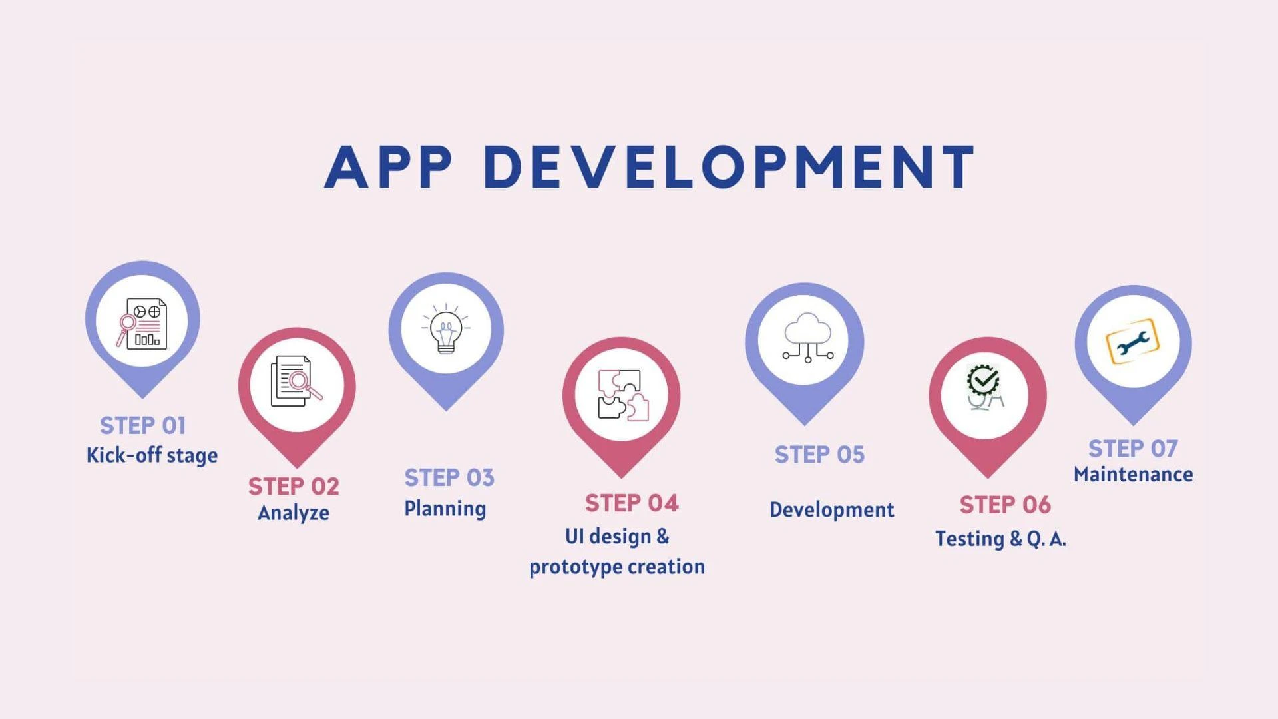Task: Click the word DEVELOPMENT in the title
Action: click(729, 167)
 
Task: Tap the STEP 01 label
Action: click(142, 425)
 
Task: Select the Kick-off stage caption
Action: click(152, 455)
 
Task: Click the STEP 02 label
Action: click(294, 487)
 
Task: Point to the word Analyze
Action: click(294, 513)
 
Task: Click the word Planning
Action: click(445, 509)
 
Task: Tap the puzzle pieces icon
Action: click(622, 395)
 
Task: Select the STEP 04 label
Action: click(632, 503)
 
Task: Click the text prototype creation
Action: click(617, 567)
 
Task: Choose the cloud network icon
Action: click(807, 338)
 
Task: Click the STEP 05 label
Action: click(819, 455)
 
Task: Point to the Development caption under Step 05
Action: click(831, 510)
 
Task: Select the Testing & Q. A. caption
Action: click(1000, 539)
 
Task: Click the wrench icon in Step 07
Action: click(1132, 342)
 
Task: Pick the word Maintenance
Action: click(1133, 475)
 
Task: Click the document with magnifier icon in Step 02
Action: click(296, 381)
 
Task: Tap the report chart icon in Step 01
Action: click(142, 324)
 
